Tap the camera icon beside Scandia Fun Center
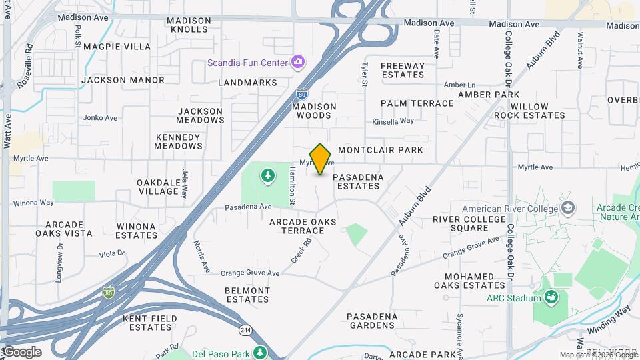298,63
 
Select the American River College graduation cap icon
567,207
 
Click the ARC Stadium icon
551,297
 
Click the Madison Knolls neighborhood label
189,25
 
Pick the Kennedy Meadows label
178,141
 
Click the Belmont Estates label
247,295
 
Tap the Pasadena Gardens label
372,321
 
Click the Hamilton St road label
292,186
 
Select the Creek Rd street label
301,251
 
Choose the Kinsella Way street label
393,121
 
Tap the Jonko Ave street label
100,118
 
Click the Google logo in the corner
21,351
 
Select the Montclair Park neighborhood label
381,150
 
